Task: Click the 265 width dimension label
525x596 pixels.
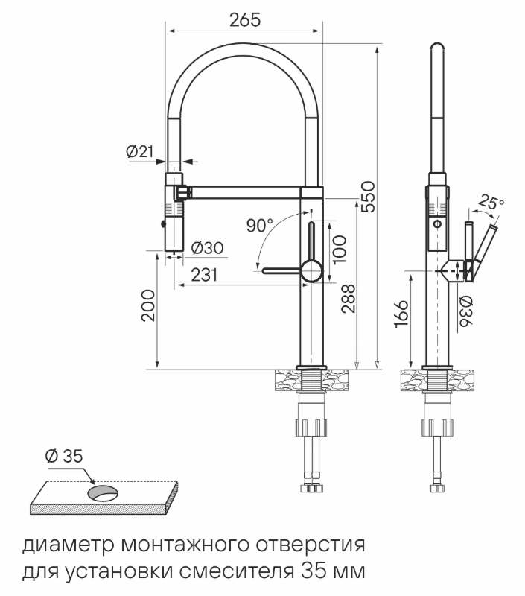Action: (x=245, y=20)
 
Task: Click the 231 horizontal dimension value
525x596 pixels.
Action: (x=203, y=275)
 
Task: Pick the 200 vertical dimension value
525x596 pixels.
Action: (x=148, y=305)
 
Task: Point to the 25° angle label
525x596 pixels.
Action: (x=491, y=201)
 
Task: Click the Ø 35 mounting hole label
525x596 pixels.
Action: (x=63, y=456)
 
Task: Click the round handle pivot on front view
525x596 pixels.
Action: (x=310, y=270)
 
